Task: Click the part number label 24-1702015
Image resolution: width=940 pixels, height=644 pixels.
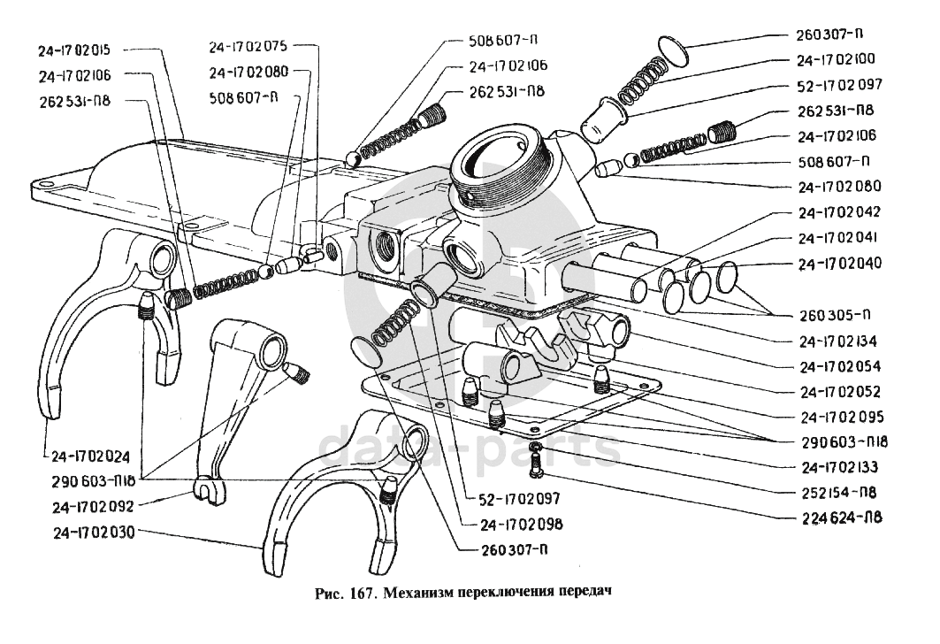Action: tap(80, 50)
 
